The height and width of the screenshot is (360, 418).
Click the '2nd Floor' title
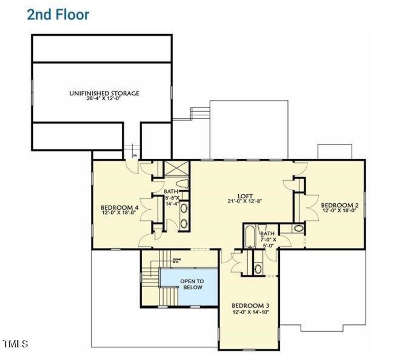click(x=58, y=15)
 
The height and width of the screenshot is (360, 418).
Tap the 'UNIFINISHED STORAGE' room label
click(x=104, y=93)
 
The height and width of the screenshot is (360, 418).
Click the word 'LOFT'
click(x=245, y=196)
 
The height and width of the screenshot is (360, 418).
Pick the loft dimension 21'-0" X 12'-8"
click(x=245, y=201)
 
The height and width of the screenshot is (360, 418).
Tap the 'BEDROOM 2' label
click(x=340, y=205)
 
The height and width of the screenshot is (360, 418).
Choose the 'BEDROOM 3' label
click(x=250, y=306)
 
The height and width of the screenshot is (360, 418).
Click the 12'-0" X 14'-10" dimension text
click(x=250, y=312)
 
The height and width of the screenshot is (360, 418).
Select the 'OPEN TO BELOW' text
click(x=192, y=284)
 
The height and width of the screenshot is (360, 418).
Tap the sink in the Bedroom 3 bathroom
click(x=258, y=269)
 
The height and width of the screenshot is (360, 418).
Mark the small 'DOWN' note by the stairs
click(x=176, y=260)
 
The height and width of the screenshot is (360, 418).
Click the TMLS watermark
click(x=15, y=344)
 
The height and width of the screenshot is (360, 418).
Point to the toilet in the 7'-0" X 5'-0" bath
click(x=263, y=228)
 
